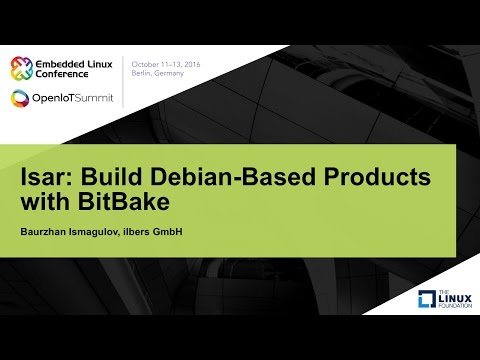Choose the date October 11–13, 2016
pos(167,63)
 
